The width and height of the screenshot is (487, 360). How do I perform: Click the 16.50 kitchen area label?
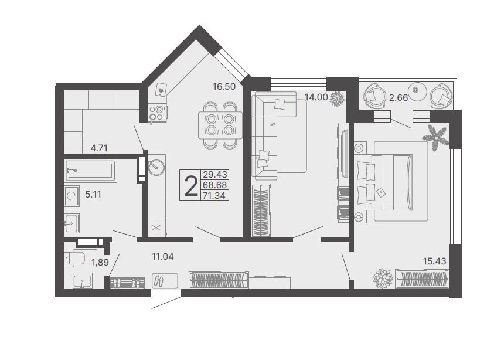pyautogui.click(x=224, y=86)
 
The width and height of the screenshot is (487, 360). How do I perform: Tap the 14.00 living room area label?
pyautogui.click(x=316, y=97)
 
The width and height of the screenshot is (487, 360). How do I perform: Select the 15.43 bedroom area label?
pyautogui.click(x=434, y=261)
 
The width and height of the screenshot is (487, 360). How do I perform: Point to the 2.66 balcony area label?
pyautogui.click(x=399, y=98)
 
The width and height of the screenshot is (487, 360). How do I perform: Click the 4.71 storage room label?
pyautogui.click(x=99, y=148)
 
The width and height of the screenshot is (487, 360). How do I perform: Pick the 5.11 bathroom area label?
pyautogui.click(x=93, y=195)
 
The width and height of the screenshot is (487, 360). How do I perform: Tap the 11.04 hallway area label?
pyautogui.click(x=162, y=257)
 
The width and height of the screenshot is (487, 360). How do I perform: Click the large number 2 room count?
pyautogui.click(x=191, y=186)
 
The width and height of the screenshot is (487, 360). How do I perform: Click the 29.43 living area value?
pyautogui.click(x=215, y=174)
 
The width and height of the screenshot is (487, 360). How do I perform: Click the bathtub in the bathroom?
pyautogui.click(x=90, y=170)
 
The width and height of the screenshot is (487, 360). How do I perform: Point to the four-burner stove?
pyautogui.click(x=157, y=113)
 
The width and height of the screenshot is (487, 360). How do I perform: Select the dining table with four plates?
pyautogui.click(x=220, y=125)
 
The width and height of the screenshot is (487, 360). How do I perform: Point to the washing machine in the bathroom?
pyautogui.click(x=72, y=196)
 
